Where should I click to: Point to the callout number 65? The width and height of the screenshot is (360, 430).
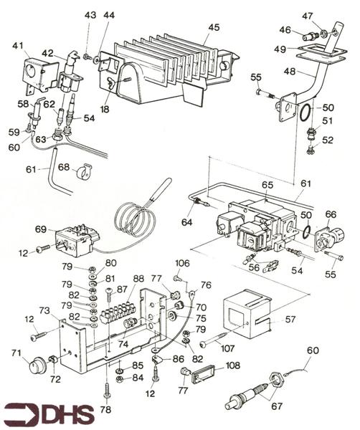click(267, 185)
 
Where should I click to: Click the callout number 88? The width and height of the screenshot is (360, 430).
click(138, 279)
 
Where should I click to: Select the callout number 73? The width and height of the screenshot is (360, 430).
click(44, 310)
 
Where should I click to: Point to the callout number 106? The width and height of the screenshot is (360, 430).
click(182, 262)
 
